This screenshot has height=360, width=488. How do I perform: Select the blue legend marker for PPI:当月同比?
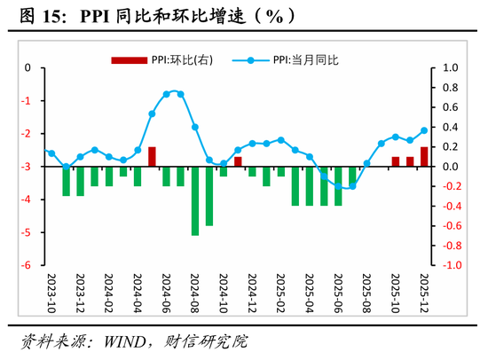point(251,60)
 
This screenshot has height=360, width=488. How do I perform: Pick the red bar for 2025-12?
point(424,157)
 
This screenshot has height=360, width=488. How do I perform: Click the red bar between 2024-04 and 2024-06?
point(152,157)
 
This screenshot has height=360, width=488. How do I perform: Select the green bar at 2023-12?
point(80,181)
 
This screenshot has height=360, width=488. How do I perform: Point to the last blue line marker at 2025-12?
point(424,130)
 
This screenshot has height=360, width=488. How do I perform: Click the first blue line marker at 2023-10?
point(51,153)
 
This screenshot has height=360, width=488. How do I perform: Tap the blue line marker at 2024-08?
point(195,128)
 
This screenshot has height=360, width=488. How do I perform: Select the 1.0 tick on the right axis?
point(450,67)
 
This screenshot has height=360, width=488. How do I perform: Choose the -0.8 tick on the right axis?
point(450,246)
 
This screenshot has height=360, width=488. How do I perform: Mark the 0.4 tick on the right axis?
point(450,127)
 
